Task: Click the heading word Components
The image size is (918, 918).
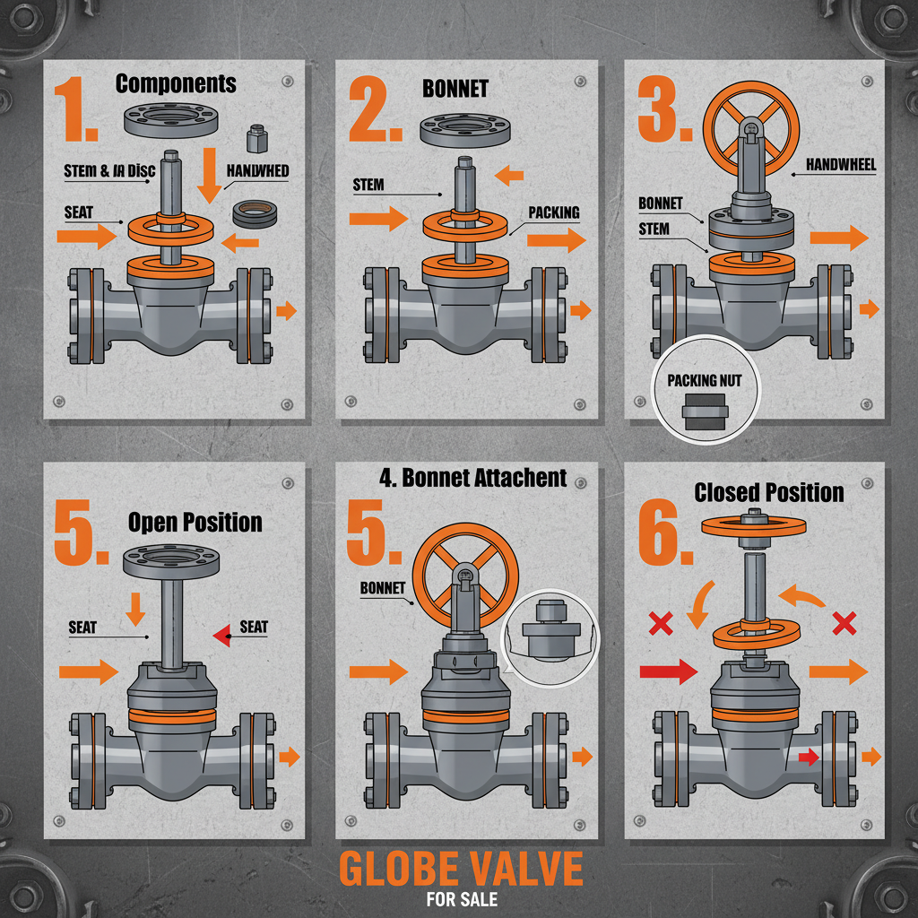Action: (x=176, y=84)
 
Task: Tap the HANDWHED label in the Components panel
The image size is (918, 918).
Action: (x=257, y=170)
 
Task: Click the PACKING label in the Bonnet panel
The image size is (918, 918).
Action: (x=553, y=213)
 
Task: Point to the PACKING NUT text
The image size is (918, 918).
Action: (x=705, y=380)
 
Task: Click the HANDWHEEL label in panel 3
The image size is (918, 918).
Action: (x=840, y=164)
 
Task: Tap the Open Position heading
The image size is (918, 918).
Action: (x=195, y=522)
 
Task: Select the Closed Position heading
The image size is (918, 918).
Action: (x=769, y=492)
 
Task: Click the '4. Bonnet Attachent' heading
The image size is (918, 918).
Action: (x=472, y=477)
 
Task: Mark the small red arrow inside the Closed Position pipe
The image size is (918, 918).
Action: (x=808, y=758)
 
